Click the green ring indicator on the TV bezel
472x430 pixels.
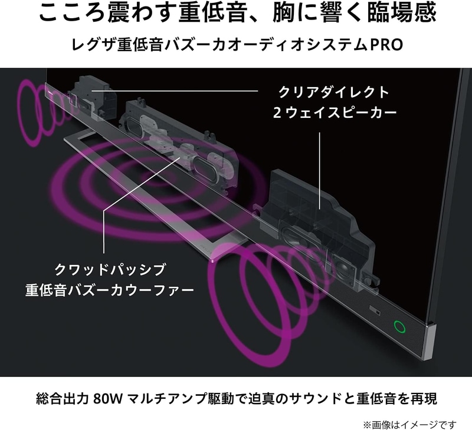399,327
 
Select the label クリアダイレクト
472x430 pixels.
334,92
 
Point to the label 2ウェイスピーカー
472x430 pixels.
335,113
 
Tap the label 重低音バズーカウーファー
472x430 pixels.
110,290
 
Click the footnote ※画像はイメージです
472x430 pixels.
410,425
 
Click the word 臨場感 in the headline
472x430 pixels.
402,12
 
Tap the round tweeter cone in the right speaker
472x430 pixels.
344,266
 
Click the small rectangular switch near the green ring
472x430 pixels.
375,310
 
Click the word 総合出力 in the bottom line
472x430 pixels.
62,399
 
